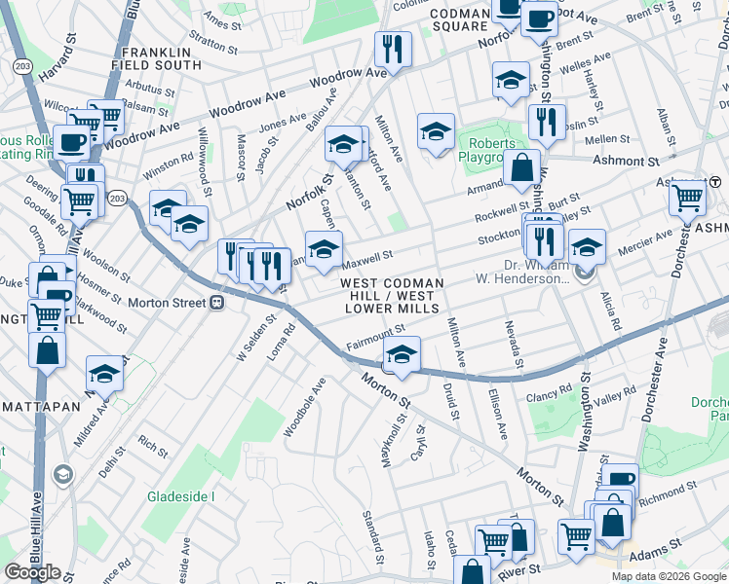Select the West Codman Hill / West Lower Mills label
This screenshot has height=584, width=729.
[392, 296]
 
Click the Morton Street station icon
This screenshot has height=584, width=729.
[217, 303]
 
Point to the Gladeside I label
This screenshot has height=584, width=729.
[180, 496]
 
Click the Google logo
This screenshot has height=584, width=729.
[32, 572]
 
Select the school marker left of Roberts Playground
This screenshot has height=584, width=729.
[436, 132]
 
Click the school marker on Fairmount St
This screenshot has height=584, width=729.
[402, 354]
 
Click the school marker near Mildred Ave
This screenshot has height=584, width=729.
[104, 375]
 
